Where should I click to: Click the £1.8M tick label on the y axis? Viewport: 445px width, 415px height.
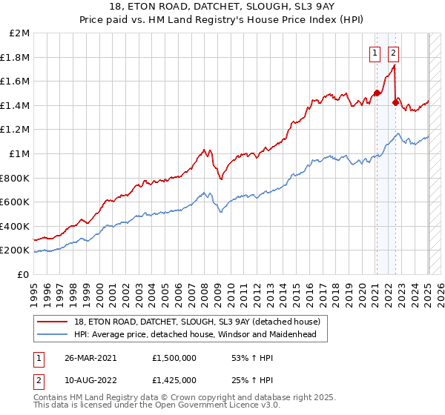pos(16,57)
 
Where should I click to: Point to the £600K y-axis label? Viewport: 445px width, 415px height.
pos(15,202)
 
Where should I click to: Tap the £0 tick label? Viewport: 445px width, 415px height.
pos(22,274)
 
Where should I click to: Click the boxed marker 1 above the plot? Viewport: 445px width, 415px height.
pos(375,52)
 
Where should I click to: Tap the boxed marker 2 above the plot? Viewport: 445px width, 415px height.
pos(393,52)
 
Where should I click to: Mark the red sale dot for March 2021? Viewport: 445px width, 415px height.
pos(377,93)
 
